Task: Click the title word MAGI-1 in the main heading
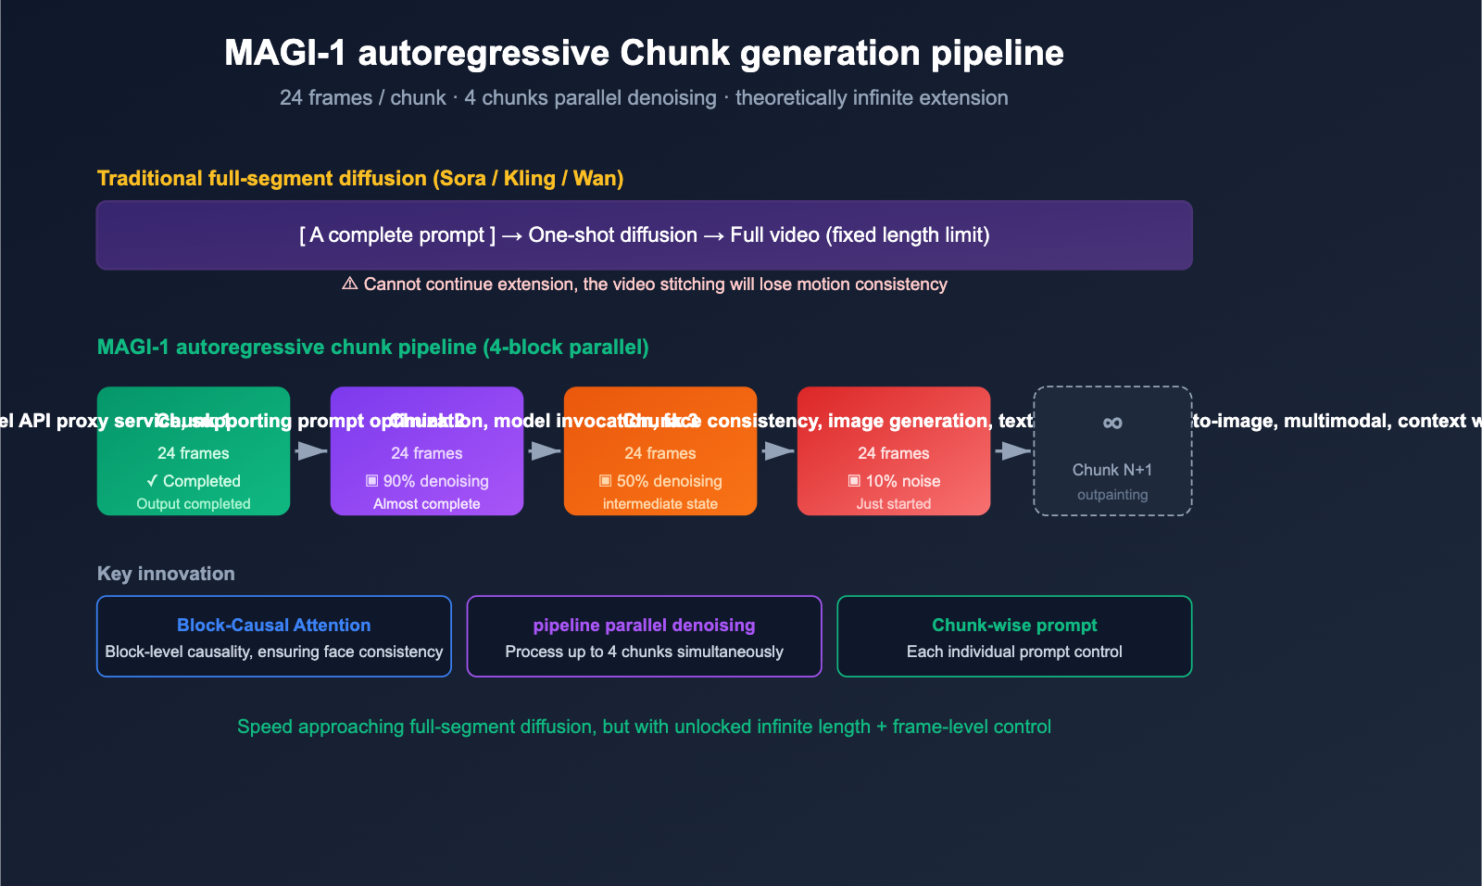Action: tap(284, 53)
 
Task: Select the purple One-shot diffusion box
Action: tap(644, 235)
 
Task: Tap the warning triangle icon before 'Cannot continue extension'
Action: tap(349, 284)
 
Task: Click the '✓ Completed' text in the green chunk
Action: tap(194, 481)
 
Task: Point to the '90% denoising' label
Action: tap(427, 481)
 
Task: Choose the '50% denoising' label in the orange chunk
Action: tap(660, 481)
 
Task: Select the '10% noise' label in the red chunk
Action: tap(894, 481)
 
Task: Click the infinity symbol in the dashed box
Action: tap(1112, 424)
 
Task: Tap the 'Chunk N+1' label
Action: tap(1112, 470)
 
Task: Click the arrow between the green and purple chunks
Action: tap(311, 451)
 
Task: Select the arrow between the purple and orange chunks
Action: tap(545, 451)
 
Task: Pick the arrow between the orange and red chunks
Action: tap(778, 451)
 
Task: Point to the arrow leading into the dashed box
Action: tap(1013, 451)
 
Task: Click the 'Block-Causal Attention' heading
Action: tap(273, 626)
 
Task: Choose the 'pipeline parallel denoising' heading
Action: tap(644, 626)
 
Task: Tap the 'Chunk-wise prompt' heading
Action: tap(1014, 626)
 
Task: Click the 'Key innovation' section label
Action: tap(166, 574)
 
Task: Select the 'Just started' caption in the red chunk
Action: tap(894, 504)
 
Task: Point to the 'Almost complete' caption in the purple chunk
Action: tap(427, 504)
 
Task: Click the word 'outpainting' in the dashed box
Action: tap(1112, 495)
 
